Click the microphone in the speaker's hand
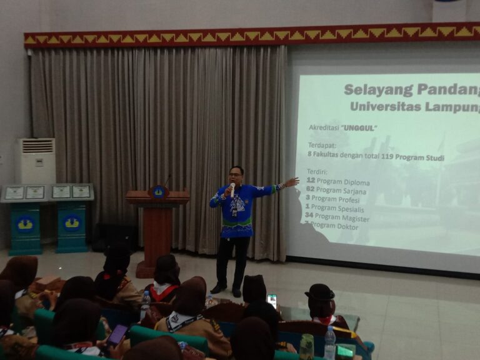232,188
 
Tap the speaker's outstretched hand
291,182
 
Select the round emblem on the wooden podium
159,191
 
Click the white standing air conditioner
36,161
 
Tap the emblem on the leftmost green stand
25,223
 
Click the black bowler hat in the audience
321,292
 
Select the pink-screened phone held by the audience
116,334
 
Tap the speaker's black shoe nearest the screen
237,292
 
